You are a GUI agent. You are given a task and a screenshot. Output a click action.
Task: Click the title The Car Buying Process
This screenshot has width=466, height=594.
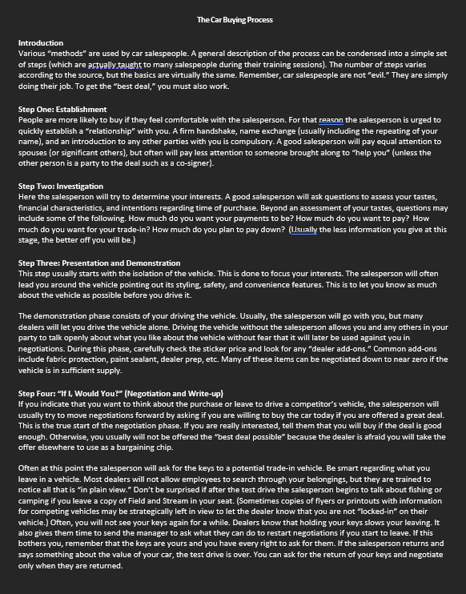pyautogui.click(x=234, y=19)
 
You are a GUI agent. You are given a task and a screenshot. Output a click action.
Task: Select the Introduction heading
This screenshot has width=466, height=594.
pyautogui.click(x=40, y=42)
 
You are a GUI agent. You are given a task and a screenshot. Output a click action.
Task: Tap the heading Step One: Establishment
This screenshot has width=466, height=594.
pyautogui.click(x=62, y=110)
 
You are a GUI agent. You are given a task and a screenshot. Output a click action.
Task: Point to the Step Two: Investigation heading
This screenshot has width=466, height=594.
pyautogui.click(x=60, y=186)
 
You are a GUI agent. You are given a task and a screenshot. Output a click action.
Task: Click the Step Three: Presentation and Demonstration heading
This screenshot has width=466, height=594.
pyautogui.click(x=98, y=263)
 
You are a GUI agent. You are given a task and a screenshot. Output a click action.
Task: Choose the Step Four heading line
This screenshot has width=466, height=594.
pyautogui.click(x=120, y=393)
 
